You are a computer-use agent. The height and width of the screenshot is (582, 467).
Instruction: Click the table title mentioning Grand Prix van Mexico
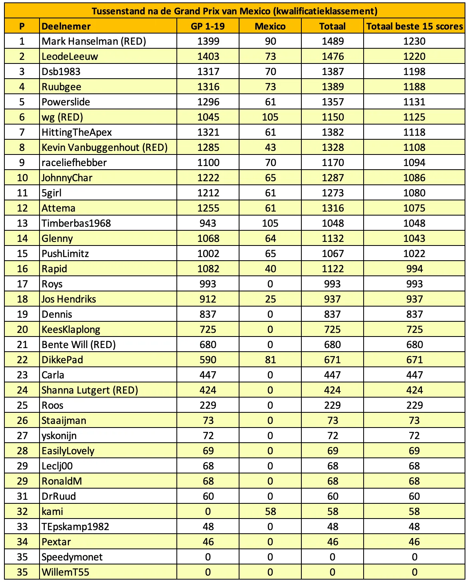click(x=234, y=11)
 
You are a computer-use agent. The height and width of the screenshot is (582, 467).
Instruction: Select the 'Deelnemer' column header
click(x=66, y=26)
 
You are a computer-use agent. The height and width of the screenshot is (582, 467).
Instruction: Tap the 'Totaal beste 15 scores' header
click(x=414, y=26)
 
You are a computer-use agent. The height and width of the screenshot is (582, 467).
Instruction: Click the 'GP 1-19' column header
click(x=208, y=26)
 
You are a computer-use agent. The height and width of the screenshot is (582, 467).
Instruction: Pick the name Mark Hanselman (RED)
click(x=94, y=41)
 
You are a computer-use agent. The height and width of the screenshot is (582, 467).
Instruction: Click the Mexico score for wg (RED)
click(x=270, y=117)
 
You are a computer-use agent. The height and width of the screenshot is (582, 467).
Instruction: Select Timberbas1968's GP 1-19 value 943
click(x=208, y=223)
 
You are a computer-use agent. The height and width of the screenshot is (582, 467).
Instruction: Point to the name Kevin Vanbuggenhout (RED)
click(x=105, y=147)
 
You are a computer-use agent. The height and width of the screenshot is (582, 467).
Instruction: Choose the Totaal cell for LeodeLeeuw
click(x=332, y=56)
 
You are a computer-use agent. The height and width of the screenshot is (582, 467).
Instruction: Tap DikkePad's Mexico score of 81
click(x=270, y=360)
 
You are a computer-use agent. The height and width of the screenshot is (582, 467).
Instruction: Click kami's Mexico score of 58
click(x=270, y=511)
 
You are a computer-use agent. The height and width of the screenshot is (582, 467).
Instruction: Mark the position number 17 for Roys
click(x=22, y=284)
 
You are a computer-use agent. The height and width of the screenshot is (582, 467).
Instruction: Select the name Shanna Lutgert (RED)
click(x=90, y=390)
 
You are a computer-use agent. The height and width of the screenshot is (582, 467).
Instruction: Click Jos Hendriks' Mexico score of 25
click(x=270, y=299)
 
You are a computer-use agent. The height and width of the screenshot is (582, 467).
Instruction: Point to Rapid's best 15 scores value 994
click(x=414, y=269)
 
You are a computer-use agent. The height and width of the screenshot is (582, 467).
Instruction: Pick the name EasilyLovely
click(x=68, y=451)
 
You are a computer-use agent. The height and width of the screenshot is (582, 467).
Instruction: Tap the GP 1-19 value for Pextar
click(x=208, y=542)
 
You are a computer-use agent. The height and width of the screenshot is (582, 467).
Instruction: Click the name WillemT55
click(x=65, y=572)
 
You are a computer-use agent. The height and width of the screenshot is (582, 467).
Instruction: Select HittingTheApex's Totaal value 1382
click(x=332, y=132)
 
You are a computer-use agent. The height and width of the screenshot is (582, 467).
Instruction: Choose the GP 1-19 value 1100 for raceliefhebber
click(x=208, y=162)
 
